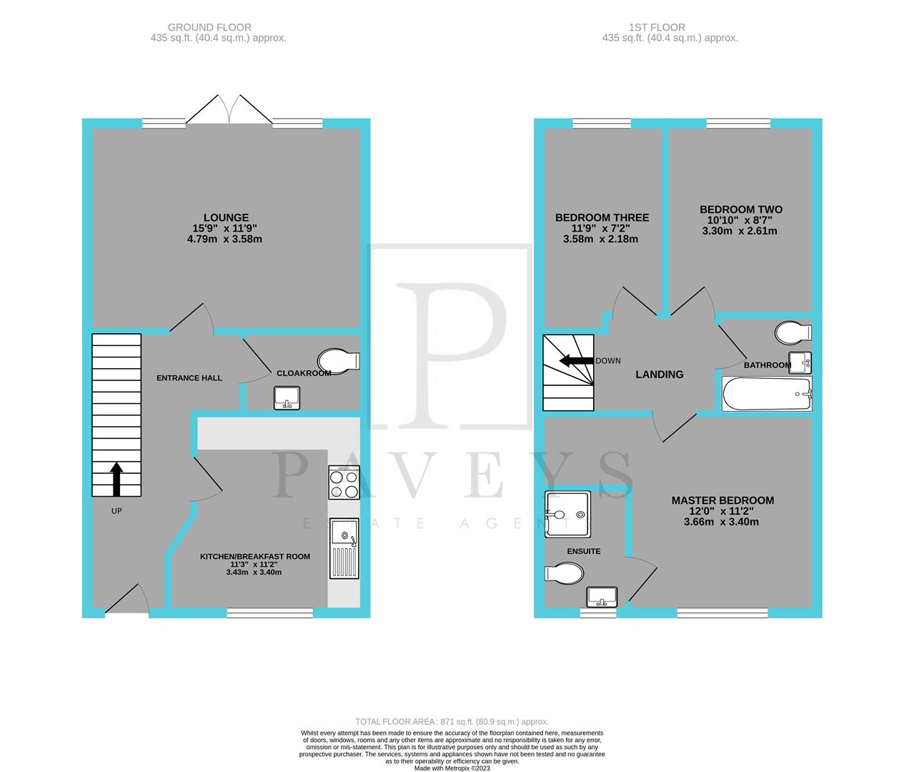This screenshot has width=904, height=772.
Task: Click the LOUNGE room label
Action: point(226,217)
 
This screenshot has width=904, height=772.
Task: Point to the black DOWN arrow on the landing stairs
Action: point(575,360)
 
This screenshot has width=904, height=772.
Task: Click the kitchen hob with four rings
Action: point(344,483)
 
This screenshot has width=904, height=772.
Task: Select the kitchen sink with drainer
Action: point(344,548)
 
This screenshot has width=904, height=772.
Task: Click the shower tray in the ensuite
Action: point(567,514)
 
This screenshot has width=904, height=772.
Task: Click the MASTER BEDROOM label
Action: point(722,500)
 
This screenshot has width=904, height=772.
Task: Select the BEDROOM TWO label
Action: point(740,209)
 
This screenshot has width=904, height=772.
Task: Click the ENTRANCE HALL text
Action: point(189,377)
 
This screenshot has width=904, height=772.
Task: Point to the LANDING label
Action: point(660,374)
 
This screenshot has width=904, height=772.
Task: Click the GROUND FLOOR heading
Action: point(218,27)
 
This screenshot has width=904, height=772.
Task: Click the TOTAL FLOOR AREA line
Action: point(452,722)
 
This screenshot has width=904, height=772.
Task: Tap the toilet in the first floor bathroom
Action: point(793,332)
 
